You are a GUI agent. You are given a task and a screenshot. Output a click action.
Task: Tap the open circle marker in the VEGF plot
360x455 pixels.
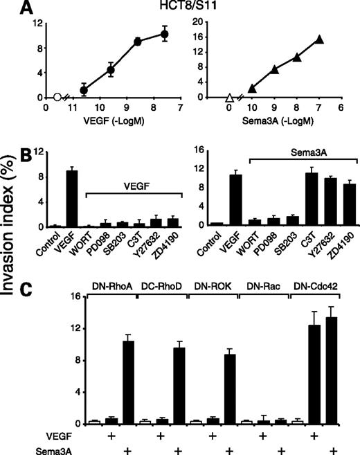coord(57,98)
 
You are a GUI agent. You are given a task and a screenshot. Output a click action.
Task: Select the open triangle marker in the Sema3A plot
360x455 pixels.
coord(229,98)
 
